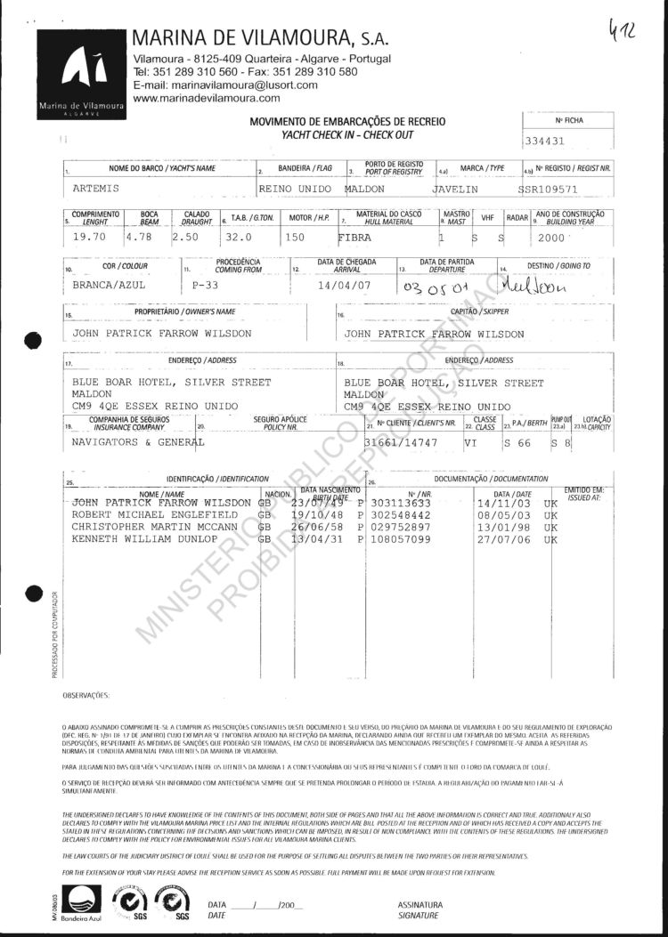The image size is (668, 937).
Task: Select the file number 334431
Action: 545,141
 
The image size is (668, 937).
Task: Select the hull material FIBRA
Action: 359,238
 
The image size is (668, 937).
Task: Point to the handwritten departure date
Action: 435,287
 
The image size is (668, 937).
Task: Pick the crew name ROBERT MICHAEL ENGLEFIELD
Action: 154,514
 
